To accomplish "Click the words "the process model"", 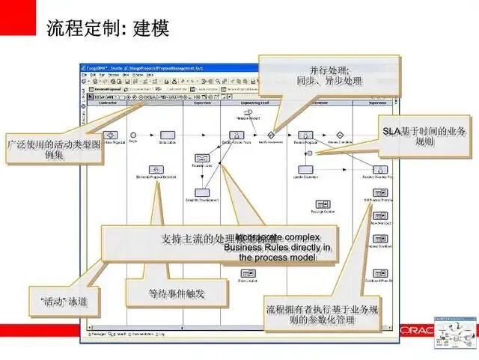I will (x=277, y=257).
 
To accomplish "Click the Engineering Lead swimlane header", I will (x=252, y=104).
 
